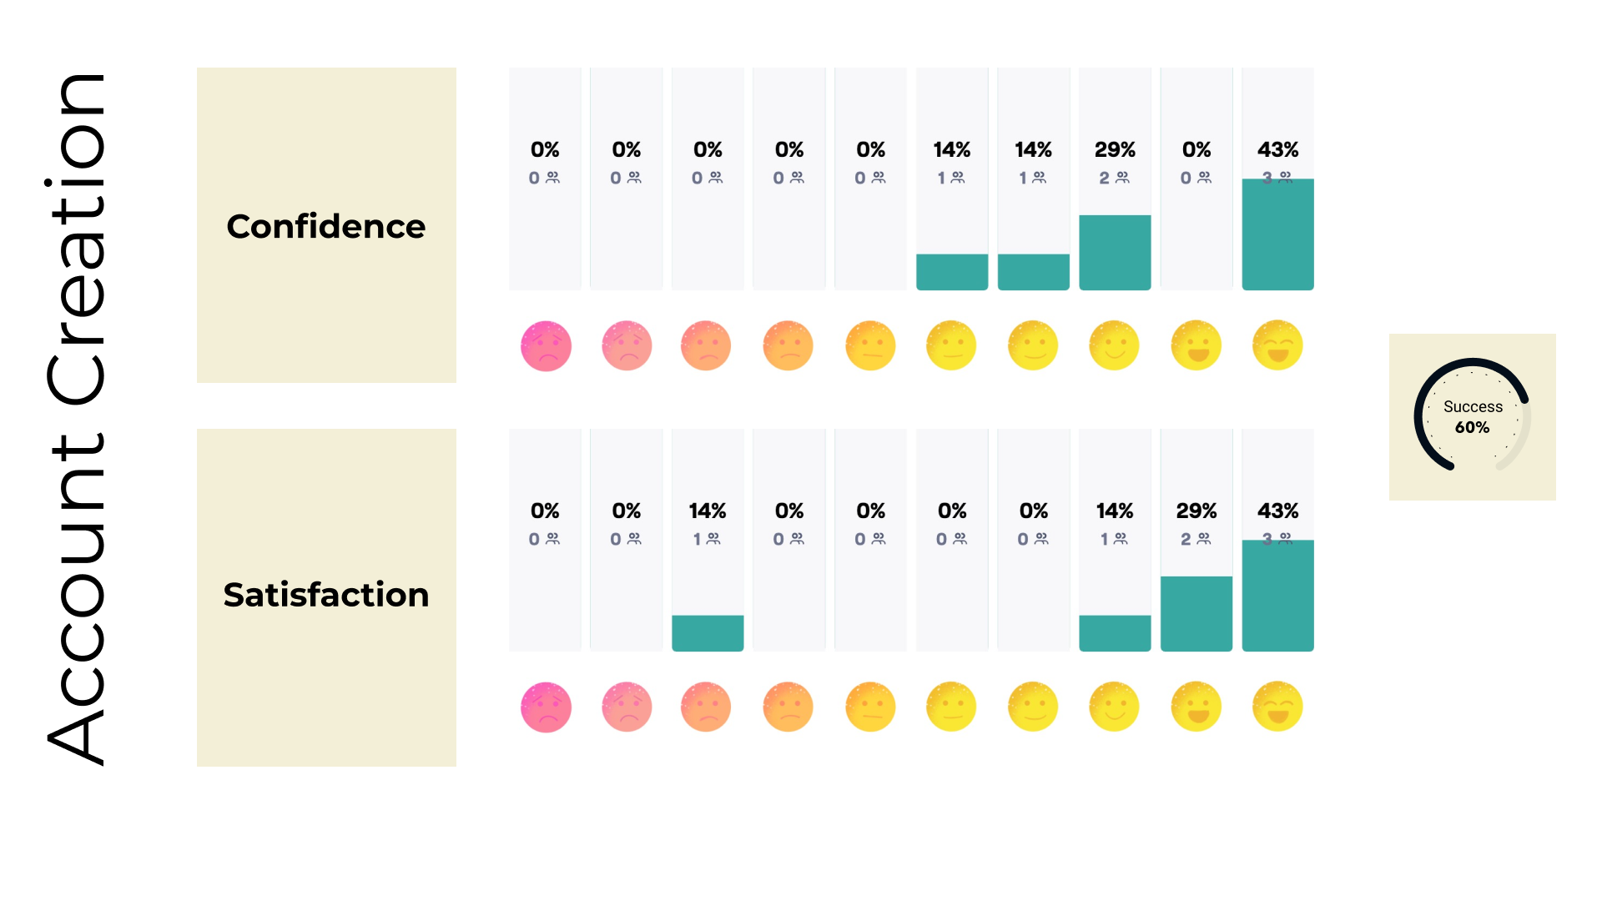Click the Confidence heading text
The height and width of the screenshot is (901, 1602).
(325, 226)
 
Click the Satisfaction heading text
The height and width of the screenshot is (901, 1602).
(325, 595)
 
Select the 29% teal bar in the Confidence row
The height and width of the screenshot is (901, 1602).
(1115, 252)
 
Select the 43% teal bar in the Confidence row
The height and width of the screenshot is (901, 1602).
(1277, 234)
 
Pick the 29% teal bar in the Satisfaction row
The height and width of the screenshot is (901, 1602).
(1196, 613)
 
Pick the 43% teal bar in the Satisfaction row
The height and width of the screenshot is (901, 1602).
(1277, 596)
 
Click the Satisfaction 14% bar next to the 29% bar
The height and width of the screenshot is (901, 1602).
(1115, 633)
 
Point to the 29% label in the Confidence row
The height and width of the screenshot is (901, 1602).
(1115, 149)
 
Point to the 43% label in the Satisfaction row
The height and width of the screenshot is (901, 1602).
(1277, 511)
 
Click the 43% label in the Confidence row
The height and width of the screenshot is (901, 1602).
(1277, 149)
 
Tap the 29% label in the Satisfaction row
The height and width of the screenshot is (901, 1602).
(1196, 511)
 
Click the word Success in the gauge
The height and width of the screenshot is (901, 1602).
(1473, 406)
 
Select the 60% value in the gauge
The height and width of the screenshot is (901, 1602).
(1473, 427)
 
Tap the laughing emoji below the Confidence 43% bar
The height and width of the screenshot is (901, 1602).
(1277, 345)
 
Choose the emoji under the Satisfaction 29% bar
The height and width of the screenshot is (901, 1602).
(1196, 707)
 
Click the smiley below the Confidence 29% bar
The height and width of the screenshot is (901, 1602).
(1115, 345)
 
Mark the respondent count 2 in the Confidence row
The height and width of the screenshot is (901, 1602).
(1105, 178)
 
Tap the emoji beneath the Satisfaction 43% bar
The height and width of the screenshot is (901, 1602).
(1277, 707)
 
